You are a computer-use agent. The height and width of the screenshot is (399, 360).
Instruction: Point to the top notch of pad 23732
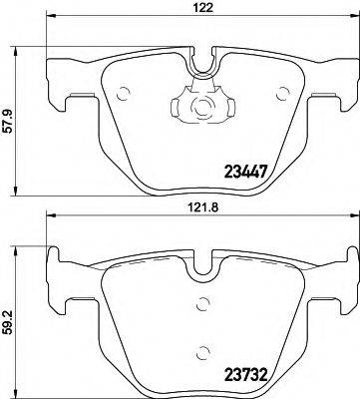203,269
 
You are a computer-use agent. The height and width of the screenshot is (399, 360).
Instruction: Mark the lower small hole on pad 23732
205,351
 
